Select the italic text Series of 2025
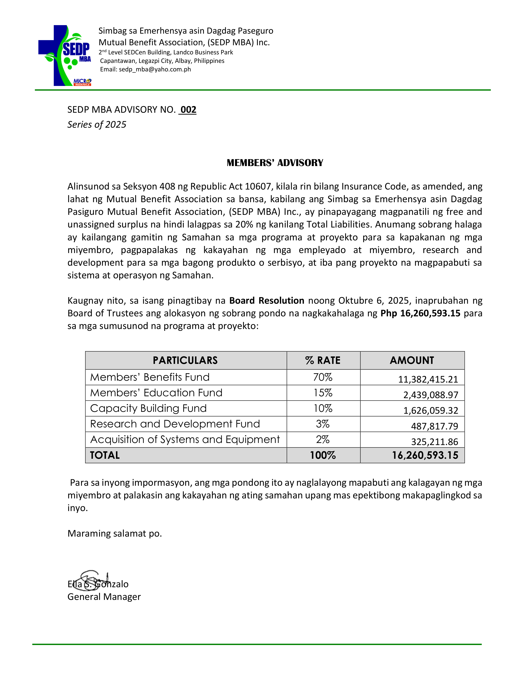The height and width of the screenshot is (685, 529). pos(96,125)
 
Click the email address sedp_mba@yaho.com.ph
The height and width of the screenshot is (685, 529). pos(155,69)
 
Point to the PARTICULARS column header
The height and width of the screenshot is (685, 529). pos(185,360)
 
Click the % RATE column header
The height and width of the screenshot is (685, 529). pos(323,360)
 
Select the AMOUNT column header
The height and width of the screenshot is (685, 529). pos(412,360)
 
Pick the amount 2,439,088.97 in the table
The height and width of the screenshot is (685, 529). pos(431,395)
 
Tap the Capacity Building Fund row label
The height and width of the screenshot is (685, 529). pos(148,408)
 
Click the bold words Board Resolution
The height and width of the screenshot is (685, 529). pos(267,301)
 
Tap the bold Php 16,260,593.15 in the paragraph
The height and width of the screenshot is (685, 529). pos(420,313)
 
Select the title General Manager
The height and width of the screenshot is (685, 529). pos(104,597)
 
